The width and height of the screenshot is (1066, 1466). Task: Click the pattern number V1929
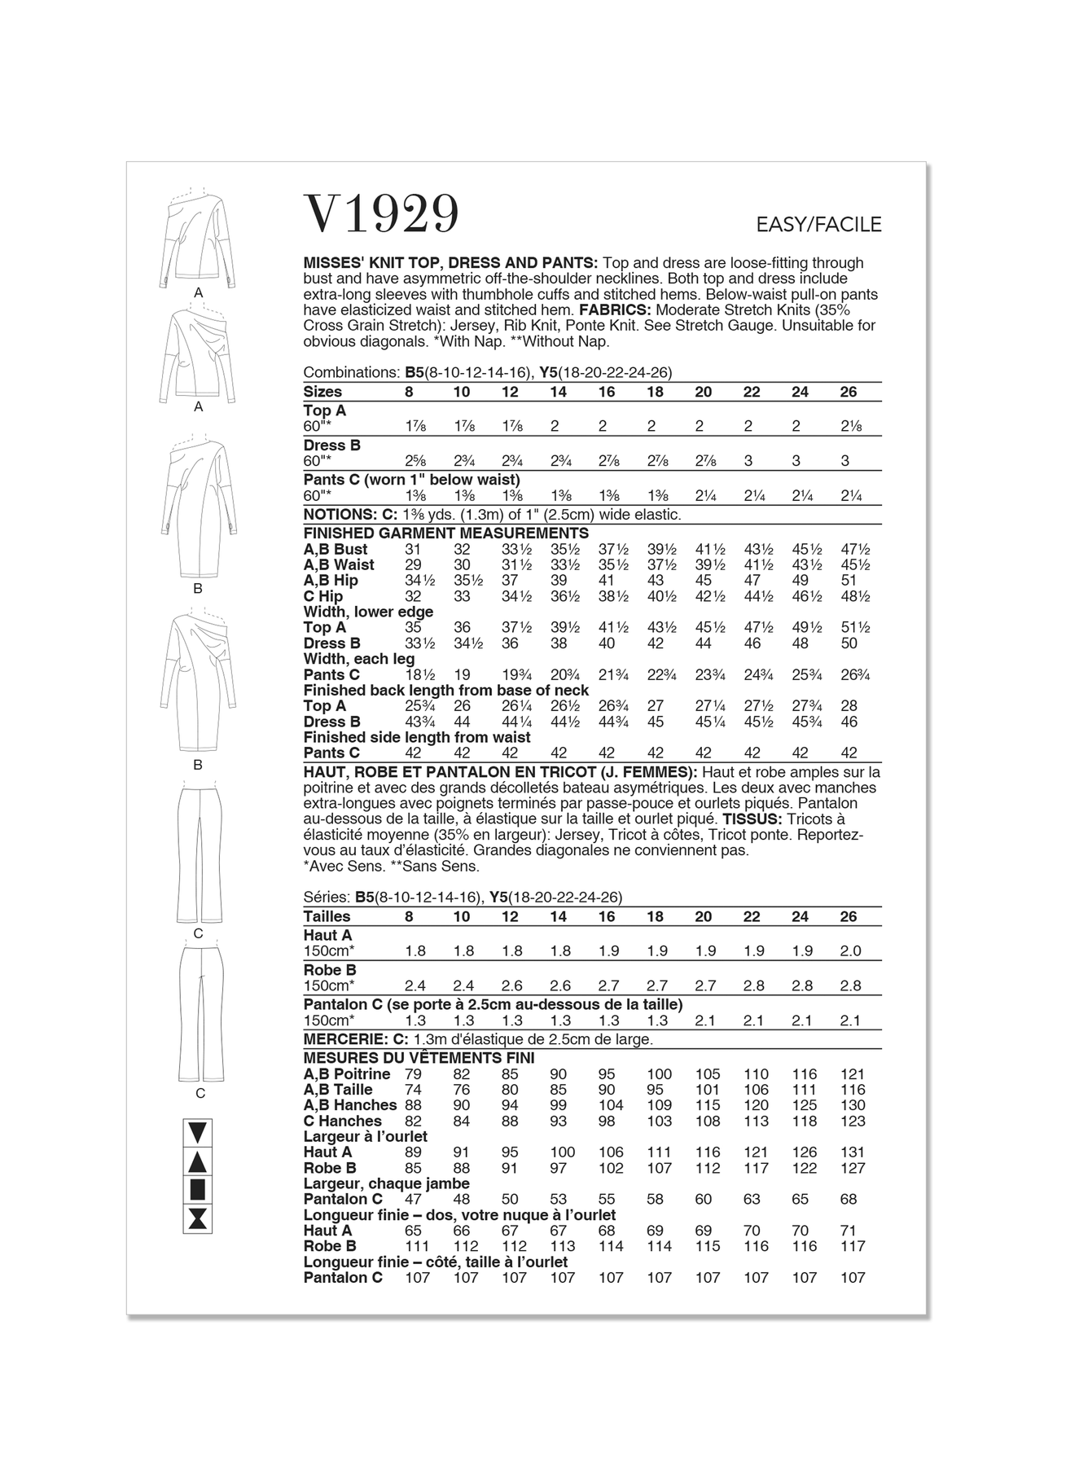coord(381,214)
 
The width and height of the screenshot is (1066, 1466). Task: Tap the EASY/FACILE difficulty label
coord(818,224)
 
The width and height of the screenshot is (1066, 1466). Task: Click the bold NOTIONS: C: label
coord(351,515)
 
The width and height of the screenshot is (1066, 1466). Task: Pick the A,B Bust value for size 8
coord(413,550)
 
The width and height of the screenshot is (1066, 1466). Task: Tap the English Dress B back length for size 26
coord(849,722)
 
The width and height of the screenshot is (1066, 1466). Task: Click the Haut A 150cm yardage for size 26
coord(850,950)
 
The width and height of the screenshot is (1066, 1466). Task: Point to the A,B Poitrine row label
coord(347,1074)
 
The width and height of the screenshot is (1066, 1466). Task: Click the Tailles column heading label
coord(327,916)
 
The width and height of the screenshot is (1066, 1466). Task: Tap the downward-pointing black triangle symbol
coord(199,1132)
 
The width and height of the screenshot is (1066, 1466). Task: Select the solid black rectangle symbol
coord(199,1189)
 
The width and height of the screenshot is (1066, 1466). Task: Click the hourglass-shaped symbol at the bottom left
coord(199,1218)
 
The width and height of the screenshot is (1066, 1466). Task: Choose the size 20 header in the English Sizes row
coord(703,392)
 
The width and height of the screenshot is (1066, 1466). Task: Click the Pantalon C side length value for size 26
coord(853,1278)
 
